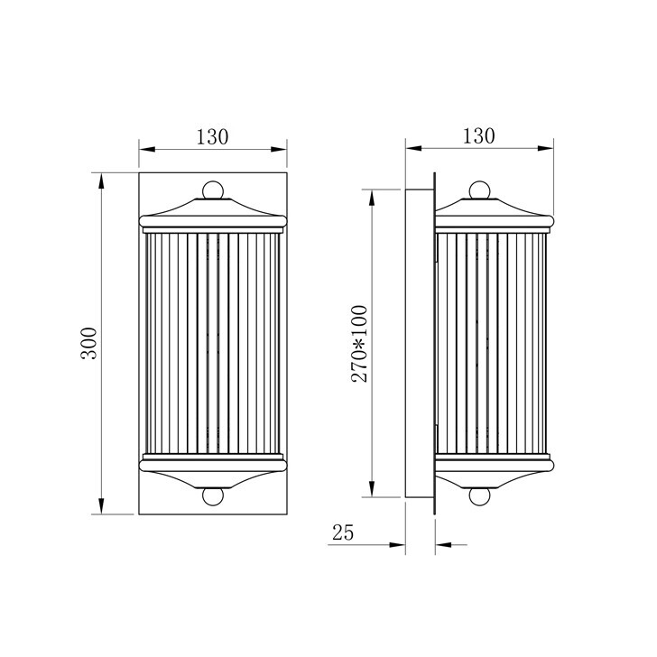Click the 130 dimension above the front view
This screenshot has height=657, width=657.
[212, 137]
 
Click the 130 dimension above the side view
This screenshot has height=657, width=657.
[478, 136]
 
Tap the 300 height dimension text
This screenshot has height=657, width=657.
[88, 343]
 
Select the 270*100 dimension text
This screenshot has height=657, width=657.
[359, 344]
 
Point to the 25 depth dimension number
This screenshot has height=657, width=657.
[343, 532]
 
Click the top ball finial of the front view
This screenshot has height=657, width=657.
[213, 190]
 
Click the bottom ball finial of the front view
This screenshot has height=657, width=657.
[213, 496]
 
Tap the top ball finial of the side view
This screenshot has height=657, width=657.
[479, 190]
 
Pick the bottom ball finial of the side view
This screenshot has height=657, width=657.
[479, 497]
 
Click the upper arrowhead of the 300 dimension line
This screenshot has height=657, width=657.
[101, 181]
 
